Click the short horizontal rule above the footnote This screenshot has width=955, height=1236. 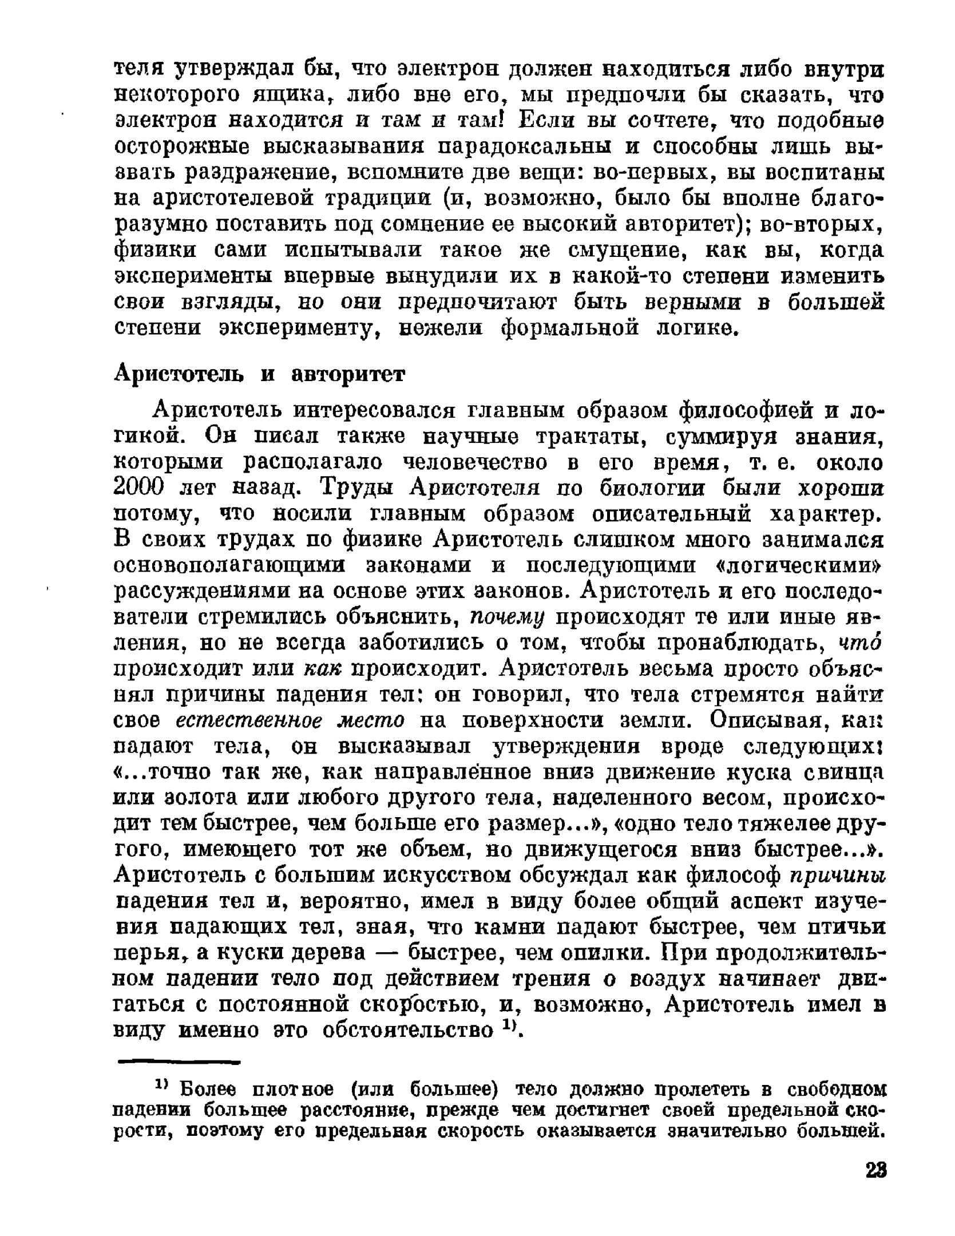(x=177, y=1063)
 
